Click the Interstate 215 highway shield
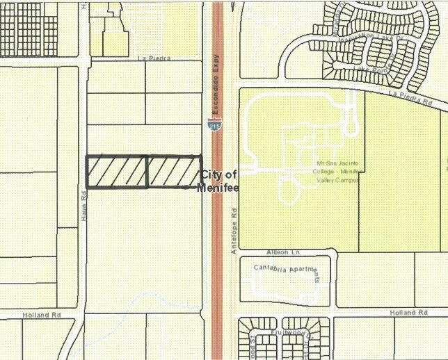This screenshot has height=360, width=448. (x=211, y=124)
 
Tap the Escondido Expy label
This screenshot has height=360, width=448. (x=216, y=84)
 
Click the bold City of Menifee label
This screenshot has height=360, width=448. (x=219, y=181)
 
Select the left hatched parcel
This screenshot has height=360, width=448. (x=116, y=172)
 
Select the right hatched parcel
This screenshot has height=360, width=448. (x=174, y=171)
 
